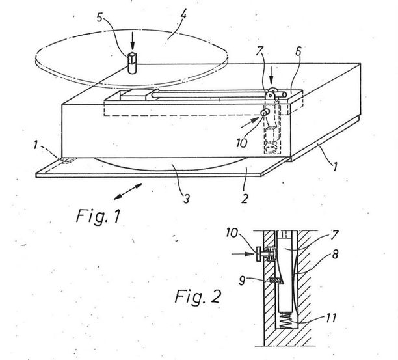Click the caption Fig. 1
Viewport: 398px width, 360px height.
click(x=98, y=217)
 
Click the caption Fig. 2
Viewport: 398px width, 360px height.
click(x=198, y=296)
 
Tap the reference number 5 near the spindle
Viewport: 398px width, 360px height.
click(x=99, y=18)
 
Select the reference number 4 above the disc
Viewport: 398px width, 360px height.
click(x=183, y=16)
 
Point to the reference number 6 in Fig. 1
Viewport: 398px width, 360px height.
click(x=298, y=51)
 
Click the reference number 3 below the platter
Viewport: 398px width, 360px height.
click(x=187, y=199)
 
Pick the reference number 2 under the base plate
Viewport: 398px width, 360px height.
click(x=245, y=198)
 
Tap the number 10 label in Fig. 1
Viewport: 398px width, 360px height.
click(x=241, y=143)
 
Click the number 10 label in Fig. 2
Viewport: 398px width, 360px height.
click(x=232, y=233)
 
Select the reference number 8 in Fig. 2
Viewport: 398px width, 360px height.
click(x=335, y=254)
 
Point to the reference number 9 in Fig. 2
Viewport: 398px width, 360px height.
click(x=242, y=281)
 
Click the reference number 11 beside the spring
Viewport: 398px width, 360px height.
click(x=331, y=318)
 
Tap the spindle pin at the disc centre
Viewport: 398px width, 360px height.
click(x=132, y=62)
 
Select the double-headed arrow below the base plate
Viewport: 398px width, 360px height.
click(x=127, y=191)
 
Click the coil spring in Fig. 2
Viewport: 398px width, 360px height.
click(x=285, y=320)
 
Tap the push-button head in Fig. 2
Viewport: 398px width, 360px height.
click(x=258, y=254)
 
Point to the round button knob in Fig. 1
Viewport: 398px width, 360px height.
click(x=265, y=113)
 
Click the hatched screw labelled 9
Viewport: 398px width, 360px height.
click(x=274, y=281)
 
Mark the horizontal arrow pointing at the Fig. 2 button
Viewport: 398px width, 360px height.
click(x=243, y=253)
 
